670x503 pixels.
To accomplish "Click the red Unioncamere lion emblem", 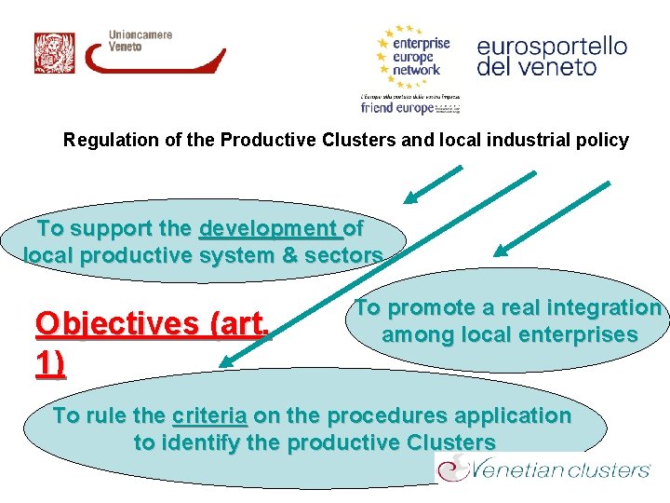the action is [x=54, y=53].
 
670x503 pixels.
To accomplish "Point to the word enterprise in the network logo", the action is [x=421, y=43].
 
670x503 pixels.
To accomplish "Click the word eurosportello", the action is [x=552, y=46].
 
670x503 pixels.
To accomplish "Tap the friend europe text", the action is [x=397, y=108].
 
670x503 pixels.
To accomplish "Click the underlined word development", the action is [x=268, y=229].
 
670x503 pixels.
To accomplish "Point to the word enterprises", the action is [x=572, y=334].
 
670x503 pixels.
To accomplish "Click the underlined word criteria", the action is [x=209, y=416].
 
